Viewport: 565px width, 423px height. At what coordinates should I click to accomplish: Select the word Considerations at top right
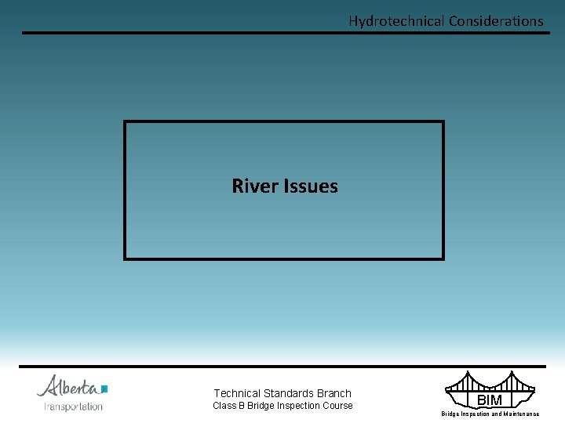[x=496, y=21]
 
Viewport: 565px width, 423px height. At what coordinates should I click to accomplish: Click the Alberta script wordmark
[x=68, y=386]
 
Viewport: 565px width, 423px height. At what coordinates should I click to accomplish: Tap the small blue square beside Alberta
[x=104, y=389]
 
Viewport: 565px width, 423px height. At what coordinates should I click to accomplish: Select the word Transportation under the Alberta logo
[x=73, y=407]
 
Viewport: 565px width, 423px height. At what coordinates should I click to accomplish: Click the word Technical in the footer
[x=238, y=393]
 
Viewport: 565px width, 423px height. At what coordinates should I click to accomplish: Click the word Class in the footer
[x=225, y=406]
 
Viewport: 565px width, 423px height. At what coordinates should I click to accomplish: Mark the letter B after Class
[x=242, y=406]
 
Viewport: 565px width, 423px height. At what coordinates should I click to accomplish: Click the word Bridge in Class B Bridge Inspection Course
[x=262, y=406]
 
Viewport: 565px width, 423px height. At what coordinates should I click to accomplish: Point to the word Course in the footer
[x=337, y=406]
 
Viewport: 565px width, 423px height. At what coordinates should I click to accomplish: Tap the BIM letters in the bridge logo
[x=489, y=400]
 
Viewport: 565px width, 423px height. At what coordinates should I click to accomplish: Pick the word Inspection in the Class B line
[x=300, y=406]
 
